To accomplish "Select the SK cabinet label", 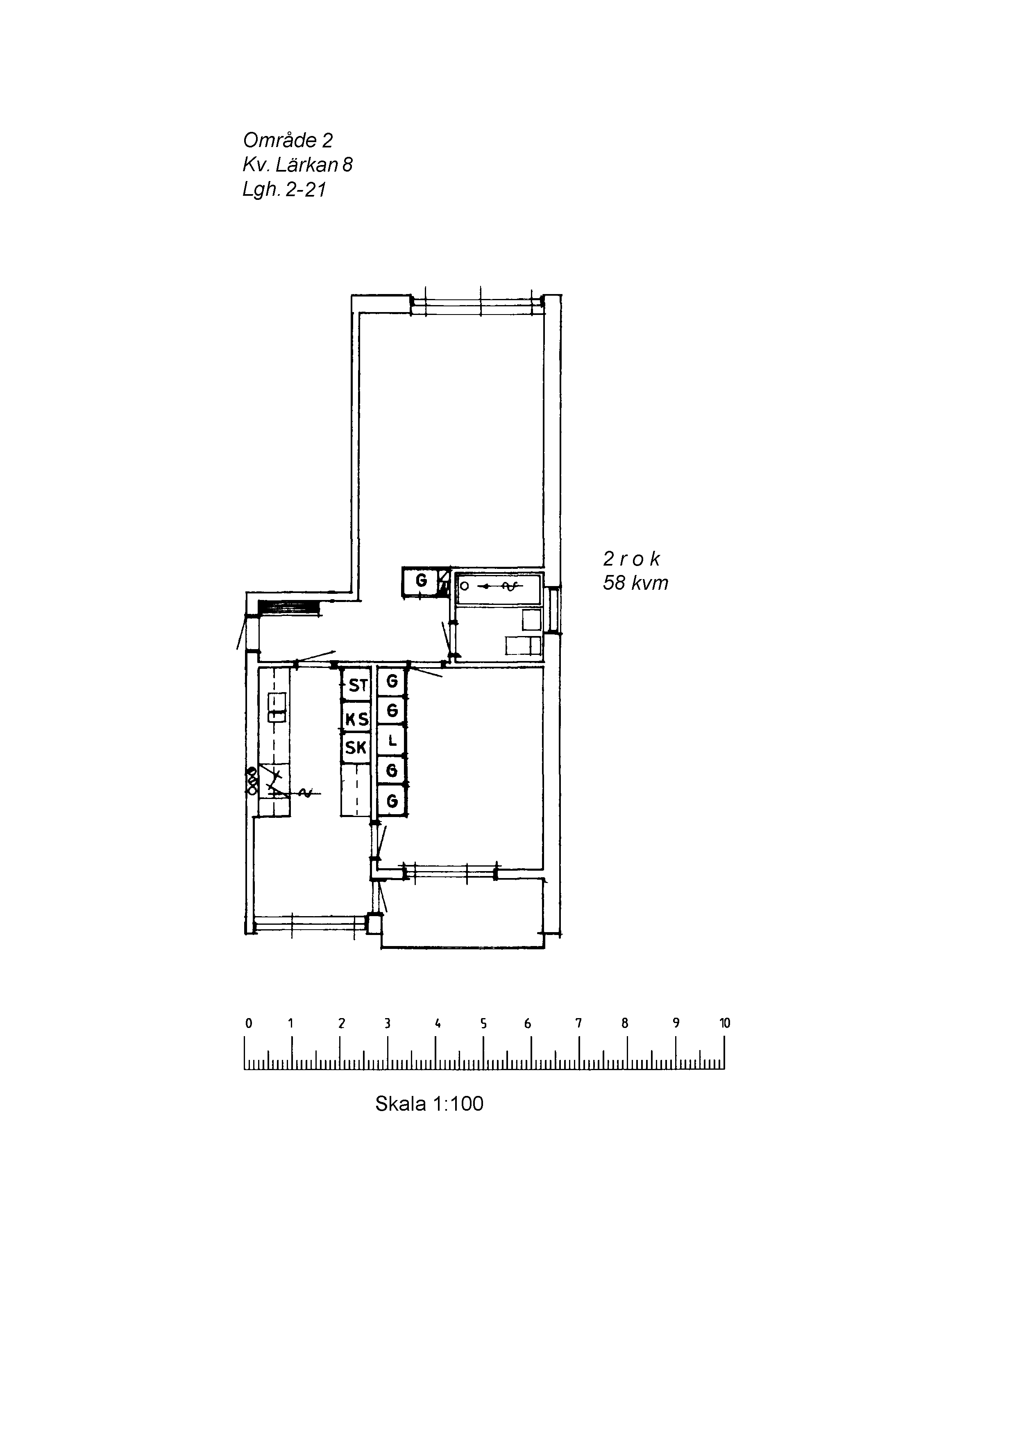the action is point(356,748).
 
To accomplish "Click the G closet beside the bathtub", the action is point(420,581).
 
